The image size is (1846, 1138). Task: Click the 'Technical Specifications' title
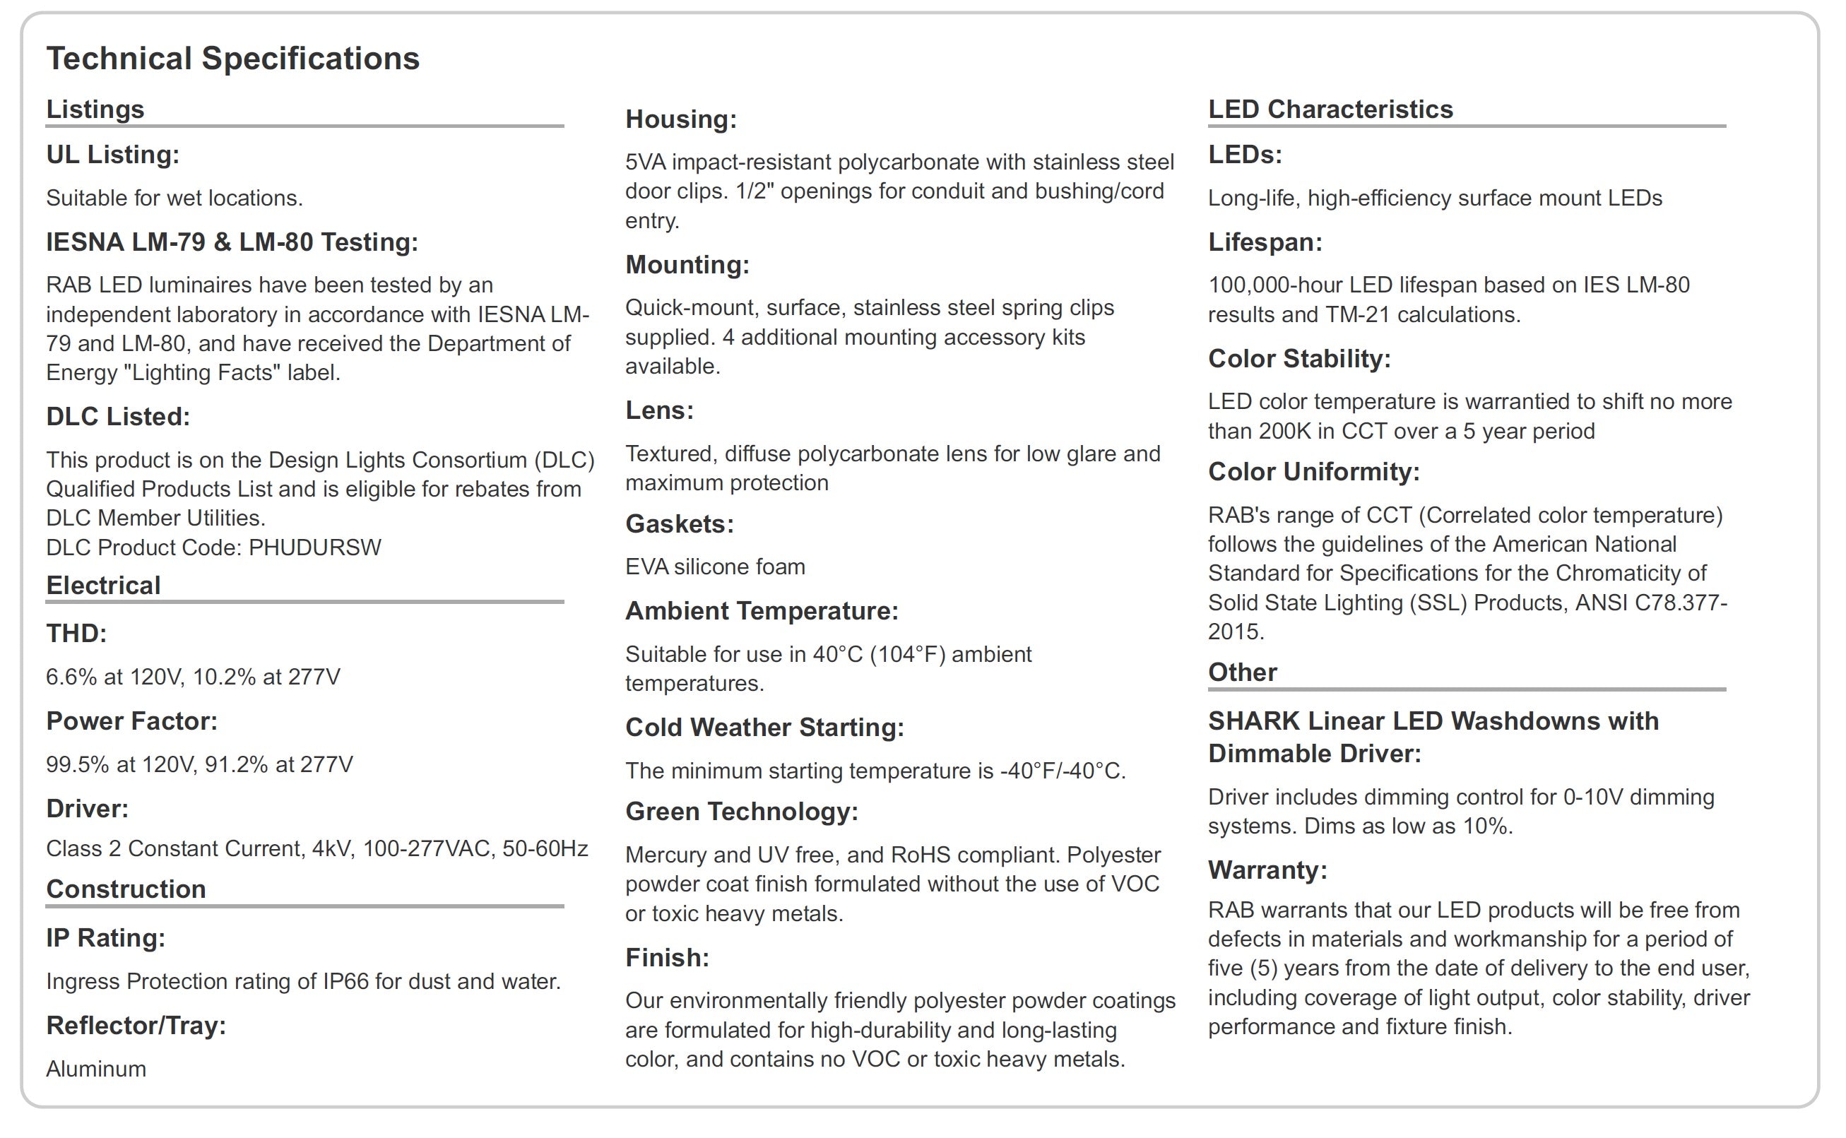[x=232, y=59]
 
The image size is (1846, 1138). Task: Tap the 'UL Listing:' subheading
[x=113, y=154]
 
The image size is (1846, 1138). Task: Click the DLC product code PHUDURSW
[x=314, y=547]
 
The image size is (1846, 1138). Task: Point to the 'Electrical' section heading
[x=103, y=586]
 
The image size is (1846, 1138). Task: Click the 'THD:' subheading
[x=76, y=634]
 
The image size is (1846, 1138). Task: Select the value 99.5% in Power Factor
[x=78, y=765]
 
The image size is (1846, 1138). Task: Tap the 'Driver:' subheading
[x=88, y=808]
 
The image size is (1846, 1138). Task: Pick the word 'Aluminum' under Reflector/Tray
[x=96, y=1069]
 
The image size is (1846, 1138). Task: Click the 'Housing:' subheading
[x=681, y=119]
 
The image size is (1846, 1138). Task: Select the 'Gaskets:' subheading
[x=680, y=524]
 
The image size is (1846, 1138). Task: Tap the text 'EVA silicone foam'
[x=715, y=567]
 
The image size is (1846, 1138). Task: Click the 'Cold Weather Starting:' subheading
[x=764, y=727]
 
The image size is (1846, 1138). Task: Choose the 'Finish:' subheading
[x=668, y=957]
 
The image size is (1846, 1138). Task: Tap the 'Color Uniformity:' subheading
[x=1314, y=472]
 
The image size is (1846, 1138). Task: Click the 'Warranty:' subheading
[x=1267, y=870]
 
